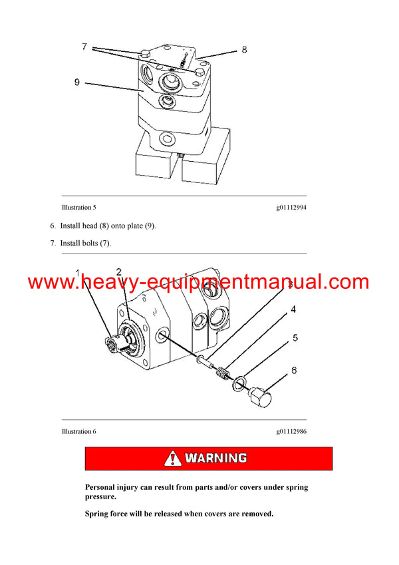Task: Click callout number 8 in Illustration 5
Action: pos(244,50)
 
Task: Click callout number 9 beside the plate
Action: pos(77,83)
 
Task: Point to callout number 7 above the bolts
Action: pos(84,47)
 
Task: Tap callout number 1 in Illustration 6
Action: pos(77,274)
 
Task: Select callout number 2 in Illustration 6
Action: pos(118,272)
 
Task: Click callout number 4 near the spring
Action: pos(293,309)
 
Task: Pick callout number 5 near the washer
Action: pos(296,338)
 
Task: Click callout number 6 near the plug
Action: pos(293,371)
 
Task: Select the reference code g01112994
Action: pos(291,208)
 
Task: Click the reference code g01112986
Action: pos(291,431)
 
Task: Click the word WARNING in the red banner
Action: pos(215,459)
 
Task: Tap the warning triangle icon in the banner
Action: pos(173,459)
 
